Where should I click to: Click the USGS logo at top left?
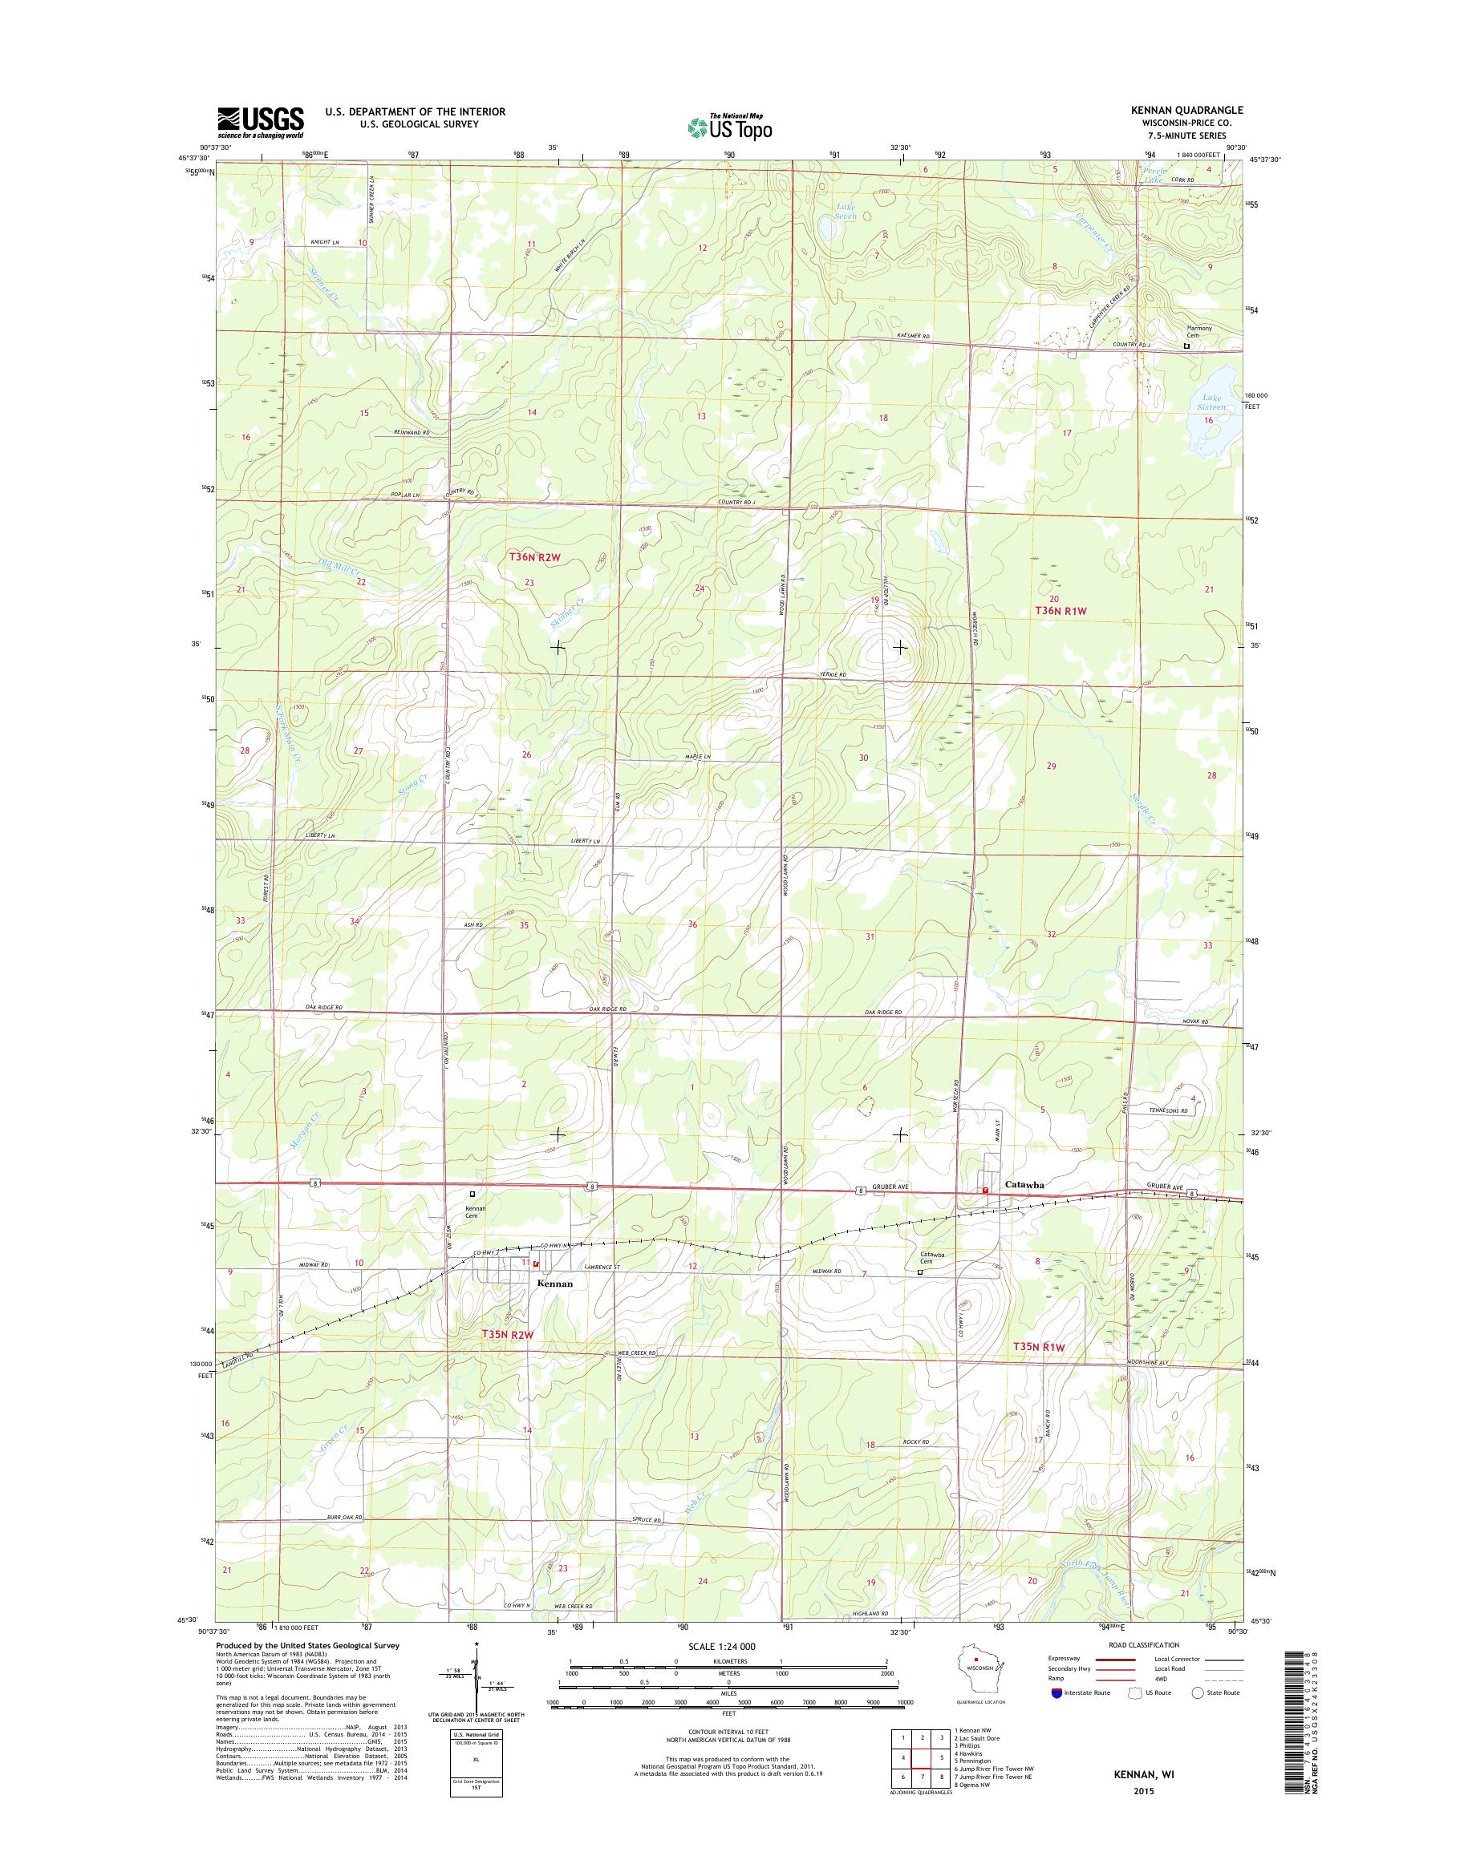(260, 122)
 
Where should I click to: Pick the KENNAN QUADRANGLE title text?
(1184, 111)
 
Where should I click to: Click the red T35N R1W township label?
(1040, 1348)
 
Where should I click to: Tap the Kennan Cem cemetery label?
(474, 1211)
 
